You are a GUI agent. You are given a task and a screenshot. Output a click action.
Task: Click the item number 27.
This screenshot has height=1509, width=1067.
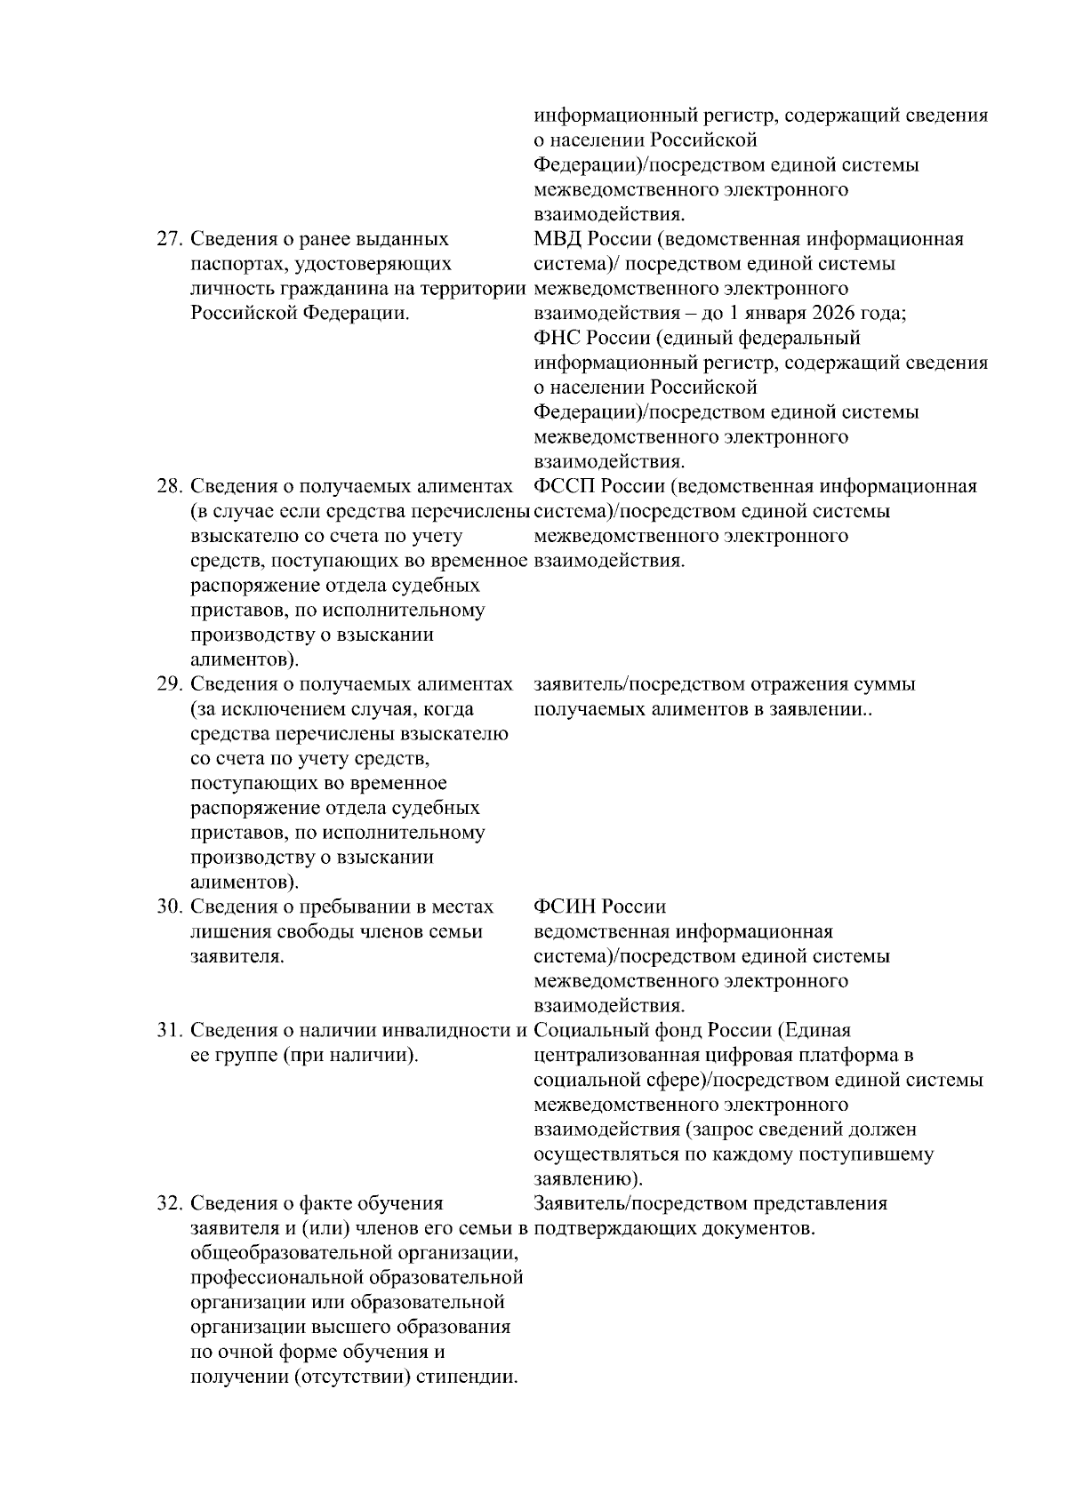(x=169, y=240)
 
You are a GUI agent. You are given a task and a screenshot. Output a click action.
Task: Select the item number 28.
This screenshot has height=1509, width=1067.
(x=169, y=487)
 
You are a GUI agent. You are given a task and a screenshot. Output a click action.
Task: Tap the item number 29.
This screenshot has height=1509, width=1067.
(x=169, y=684)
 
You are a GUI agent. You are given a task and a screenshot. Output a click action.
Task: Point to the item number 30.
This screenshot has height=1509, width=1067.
(x=169, y=907)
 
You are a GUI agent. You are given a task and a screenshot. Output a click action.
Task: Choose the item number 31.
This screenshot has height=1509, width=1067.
(x=169, y=1031)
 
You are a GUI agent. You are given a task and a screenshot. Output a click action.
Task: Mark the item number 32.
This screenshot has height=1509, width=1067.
(x=169, y=1204)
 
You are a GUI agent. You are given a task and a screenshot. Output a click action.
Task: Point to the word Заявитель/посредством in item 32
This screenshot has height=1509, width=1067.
(x=640, y=1204)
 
